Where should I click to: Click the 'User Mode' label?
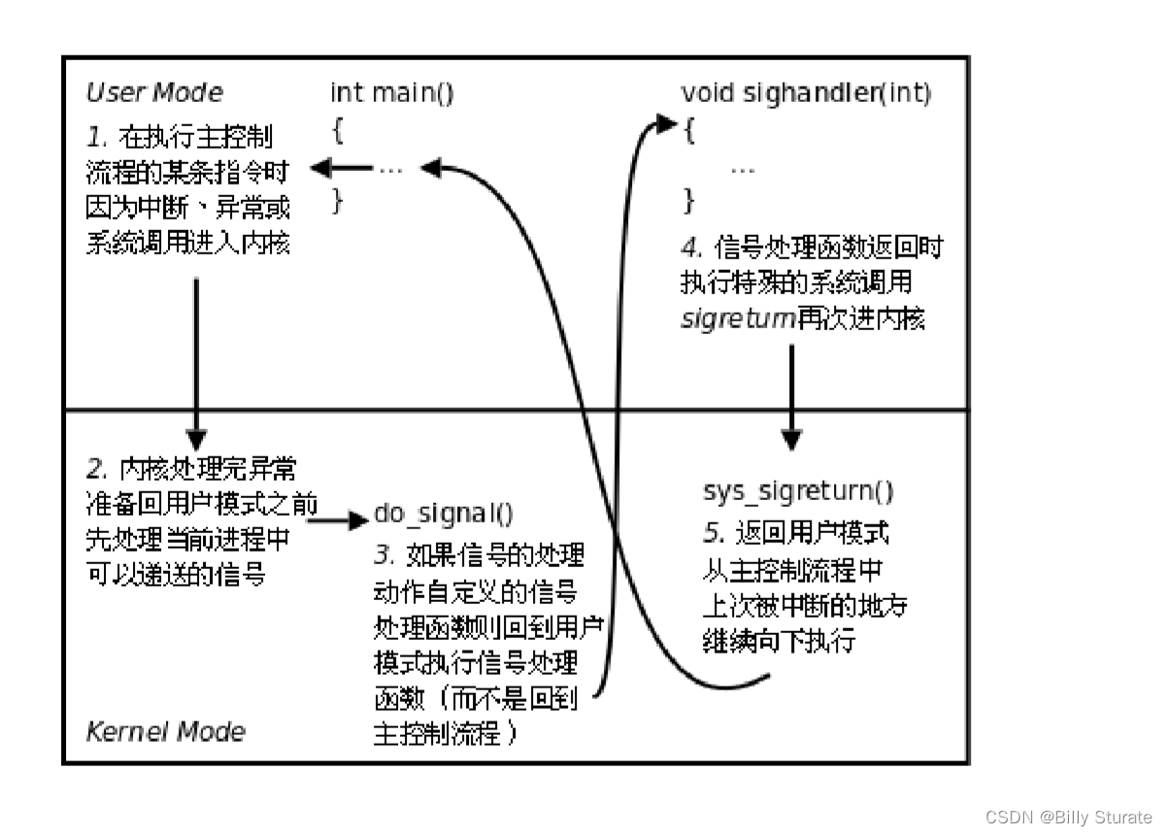[154, 93]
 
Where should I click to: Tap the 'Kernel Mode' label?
[166, 731]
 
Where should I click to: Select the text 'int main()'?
[392, 93]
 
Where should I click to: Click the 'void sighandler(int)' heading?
[806, 93]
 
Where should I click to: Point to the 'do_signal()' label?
[444, 515]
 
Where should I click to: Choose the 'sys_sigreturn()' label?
[798, 491]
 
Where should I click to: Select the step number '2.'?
[98, 470]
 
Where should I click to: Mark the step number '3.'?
[385, 555]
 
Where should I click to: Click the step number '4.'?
[693, 246]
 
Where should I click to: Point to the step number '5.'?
[714, 533]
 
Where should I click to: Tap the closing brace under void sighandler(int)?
[689, 201]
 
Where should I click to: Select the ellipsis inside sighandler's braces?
[743, 168]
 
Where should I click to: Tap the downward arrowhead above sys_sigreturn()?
[792, 441]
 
